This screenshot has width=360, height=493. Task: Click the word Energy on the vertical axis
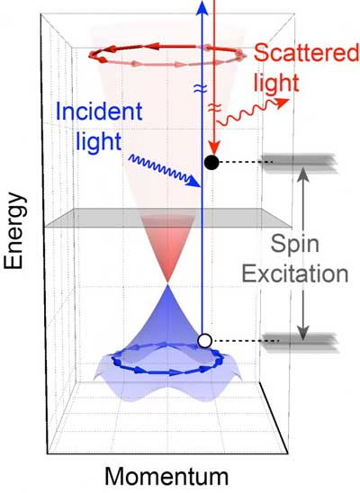pos(13,231)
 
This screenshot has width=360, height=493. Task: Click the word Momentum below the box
pos(166,477)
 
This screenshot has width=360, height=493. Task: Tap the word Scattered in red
pos(306,53)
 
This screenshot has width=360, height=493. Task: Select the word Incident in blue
pos(99,112)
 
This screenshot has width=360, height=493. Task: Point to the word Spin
pos(295,245)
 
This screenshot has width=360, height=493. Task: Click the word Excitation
pos(295,273)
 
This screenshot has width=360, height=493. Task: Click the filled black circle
pos(211,163)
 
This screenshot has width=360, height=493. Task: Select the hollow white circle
pos(204,341)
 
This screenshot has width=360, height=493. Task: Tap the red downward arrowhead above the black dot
pos(214,148)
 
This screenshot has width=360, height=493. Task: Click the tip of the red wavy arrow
pos(289,100)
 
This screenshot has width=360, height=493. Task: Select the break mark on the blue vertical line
pos(202,89)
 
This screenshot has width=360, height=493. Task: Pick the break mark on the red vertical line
pos(213,109)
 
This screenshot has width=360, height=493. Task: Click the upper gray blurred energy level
pos(300,163)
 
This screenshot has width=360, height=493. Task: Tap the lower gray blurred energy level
pos(301,342)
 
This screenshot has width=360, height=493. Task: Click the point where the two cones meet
pos(168,283)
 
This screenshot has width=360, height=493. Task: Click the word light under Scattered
pos(276,83)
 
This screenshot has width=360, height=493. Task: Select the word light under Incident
pos(99,141)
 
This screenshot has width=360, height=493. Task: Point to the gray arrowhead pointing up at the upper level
pos(303,175)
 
